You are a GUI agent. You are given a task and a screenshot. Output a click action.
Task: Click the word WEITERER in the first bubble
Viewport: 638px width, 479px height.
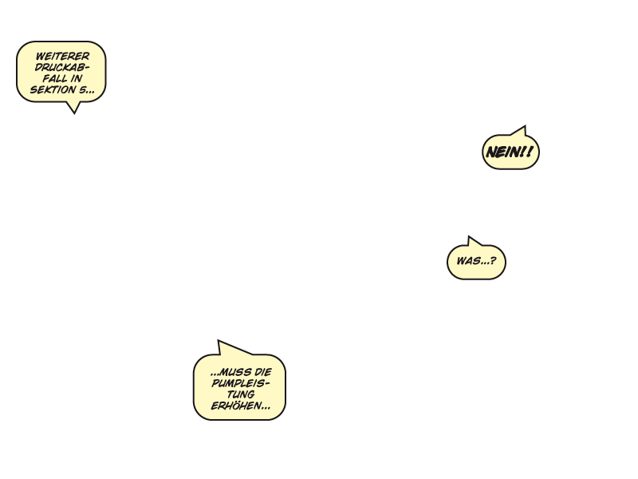click(x=62, y=56)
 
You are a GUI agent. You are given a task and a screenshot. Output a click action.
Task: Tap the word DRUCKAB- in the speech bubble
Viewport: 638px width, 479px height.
click(x=62, y=67)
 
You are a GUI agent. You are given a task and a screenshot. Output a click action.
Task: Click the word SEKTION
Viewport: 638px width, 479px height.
click(x=53, y=89)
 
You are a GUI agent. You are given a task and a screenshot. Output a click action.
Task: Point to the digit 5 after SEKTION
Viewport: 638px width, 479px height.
click(x=82, y=89)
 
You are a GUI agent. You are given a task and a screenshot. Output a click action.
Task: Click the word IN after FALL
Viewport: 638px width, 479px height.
click(x=77, y=78)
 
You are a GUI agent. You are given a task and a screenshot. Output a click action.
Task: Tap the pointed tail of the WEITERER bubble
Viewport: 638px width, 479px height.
click(x=74, y=113)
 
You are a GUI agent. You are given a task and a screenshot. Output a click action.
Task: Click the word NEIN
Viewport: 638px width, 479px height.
click(x=502, y=152)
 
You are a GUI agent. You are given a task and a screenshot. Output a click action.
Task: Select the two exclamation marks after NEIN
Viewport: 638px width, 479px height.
click(x=526, y=152)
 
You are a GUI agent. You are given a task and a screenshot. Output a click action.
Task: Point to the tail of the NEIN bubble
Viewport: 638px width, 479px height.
click(x=525, y=126)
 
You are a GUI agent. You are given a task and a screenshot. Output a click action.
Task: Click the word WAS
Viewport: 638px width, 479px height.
click(x=467, y=261)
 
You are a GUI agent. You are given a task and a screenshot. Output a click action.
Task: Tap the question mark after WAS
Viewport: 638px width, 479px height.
click(x=493, y=261)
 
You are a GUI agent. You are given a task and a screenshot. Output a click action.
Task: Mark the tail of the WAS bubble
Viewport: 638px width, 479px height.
click(x=469, y=236)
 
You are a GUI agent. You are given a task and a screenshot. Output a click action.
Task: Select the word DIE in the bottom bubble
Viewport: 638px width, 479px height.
click(x=262, y=372)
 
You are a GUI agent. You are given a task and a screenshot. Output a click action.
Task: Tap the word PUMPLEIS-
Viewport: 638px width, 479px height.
click(x=241, y=383)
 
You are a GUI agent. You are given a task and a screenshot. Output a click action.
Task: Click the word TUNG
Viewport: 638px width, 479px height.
click(x=241, y=394)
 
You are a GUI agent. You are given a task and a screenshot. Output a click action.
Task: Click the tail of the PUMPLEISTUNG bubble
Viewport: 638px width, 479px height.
click(x=219, y=341)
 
